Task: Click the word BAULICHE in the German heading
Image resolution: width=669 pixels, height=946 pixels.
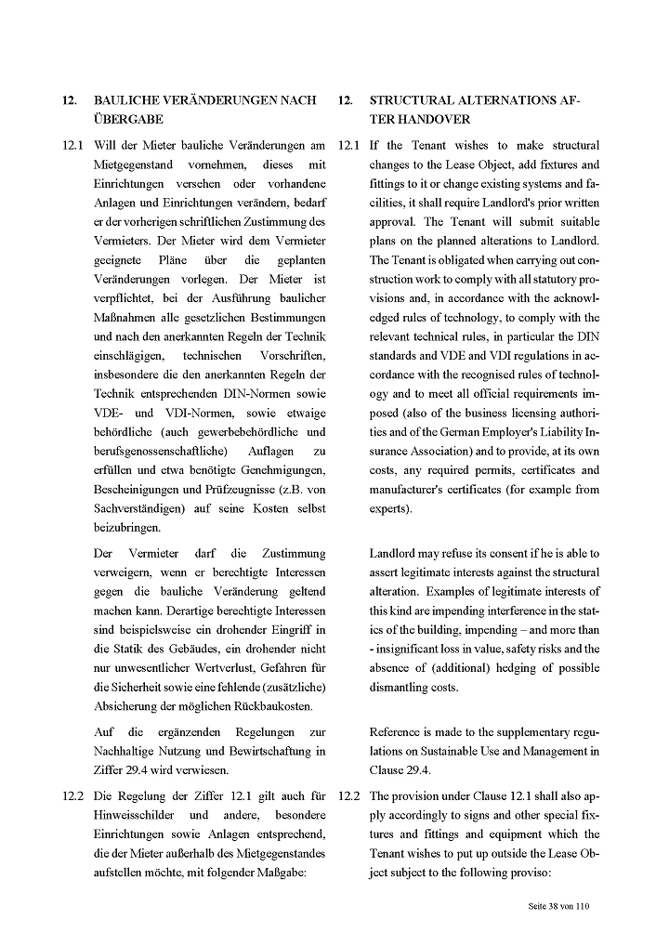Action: (x=126, y=99)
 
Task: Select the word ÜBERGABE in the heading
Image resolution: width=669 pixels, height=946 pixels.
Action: (x=129, y=120)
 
